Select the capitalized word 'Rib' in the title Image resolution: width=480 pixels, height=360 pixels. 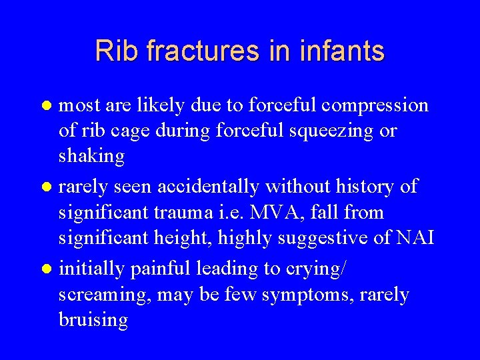115,51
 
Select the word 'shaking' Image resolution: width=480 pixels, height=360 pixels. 92,157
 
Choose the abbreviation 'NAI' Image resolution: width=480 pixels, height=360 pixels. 413,239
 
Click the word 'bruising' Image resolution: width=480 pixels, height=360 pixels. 93,320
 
